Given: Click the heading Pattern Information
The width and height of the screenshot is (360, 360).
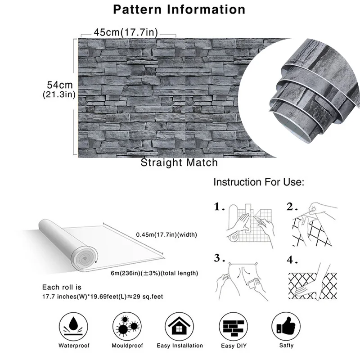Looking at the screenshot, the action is tap(179, 9).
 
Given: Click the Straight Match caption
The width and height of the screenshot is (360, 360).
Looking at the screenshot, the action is tap(179, 162).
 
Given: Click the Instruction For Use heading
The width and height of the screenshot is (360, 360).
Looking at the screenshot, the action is tap(259, 182).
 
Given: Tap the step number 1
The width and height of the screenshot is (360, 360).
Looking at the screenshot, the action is tap(219, 207).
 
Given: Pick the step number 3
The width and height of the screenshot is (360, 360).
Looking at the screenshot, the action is tap(219, 258).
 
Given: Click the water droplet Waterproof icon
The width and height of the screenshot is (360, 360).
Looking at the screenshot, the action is tap(73, 325).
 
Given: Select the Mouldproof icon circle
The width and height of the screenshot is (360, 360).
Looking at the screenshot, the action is tap(126, 325).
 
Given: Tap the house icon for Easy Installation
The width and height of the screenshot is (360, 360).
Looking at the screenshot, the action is tap(180, 325).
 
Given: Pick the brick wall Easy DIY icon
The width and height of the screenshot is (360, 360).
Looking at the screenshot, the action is tap(233, 325).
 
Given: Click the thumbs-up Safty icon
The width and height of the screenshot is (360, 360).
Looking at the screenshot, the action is tap(286, 325).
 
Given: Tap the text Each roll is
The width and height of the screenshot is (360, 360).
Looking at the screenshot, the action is tap(62, 287).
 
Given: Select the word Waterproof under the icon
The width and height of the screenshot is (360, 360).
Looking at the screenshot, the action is tap(74, 346).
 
